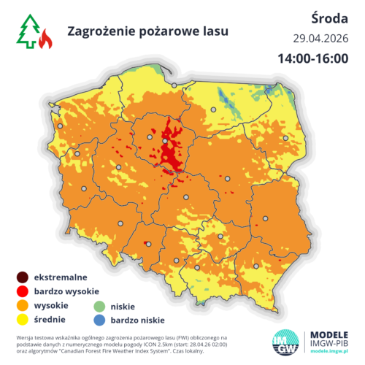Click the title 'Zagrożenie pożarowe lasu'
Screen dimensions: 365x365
coord(147,31)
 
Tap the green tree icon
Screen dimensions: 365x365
coord(28,33)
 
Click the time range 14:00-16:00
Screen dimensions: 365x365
coord(312,58)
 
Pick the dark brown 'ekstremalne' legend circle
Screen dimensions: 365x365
coord(23,277)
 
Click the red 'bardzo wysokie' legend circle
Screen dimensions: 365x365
coord(23,291)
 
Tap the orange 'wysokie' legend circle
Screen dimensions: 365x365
coord(23,305)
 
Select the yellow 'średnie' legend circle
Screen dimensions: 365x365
coord(23,319)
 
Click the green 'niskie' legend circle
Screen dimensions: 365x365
coord(100,306)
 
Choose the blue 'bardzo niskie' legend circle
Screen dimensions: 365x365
coord(100,320)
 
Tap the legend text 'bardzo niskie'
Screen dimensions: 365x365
coord(137,320)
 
